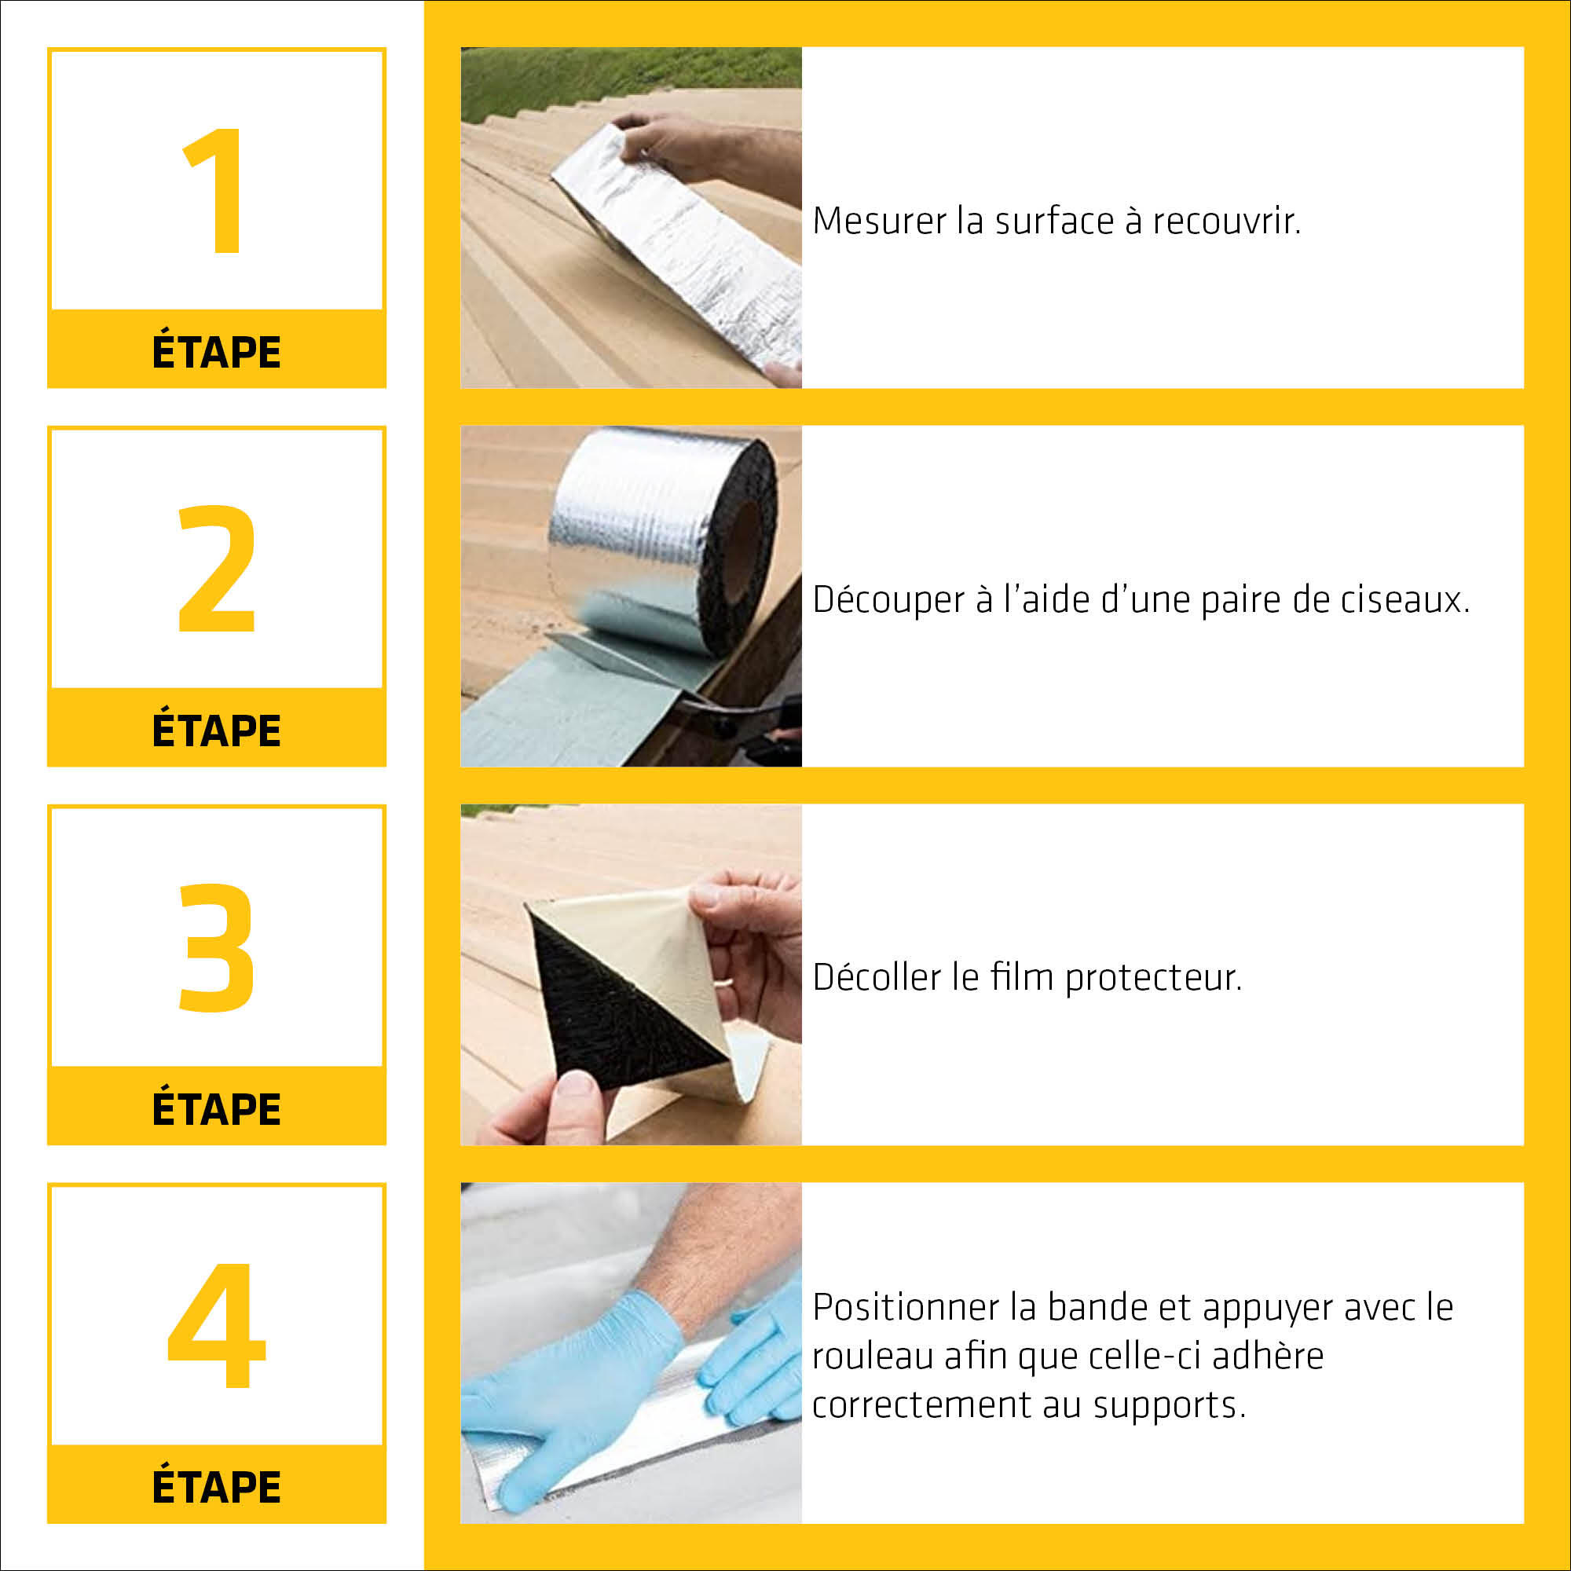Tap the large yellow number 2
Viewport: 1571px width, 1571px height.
point(216,569)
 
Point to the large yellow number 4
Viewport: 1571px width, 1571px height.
point(216,1324)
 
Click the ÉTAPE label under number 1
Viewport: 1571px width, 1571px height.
point(216,352)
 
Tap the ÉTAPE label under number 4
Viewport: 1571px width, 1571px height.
point(216,1487)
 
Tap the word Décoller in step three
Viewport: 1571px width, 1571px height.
point(881,977)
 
